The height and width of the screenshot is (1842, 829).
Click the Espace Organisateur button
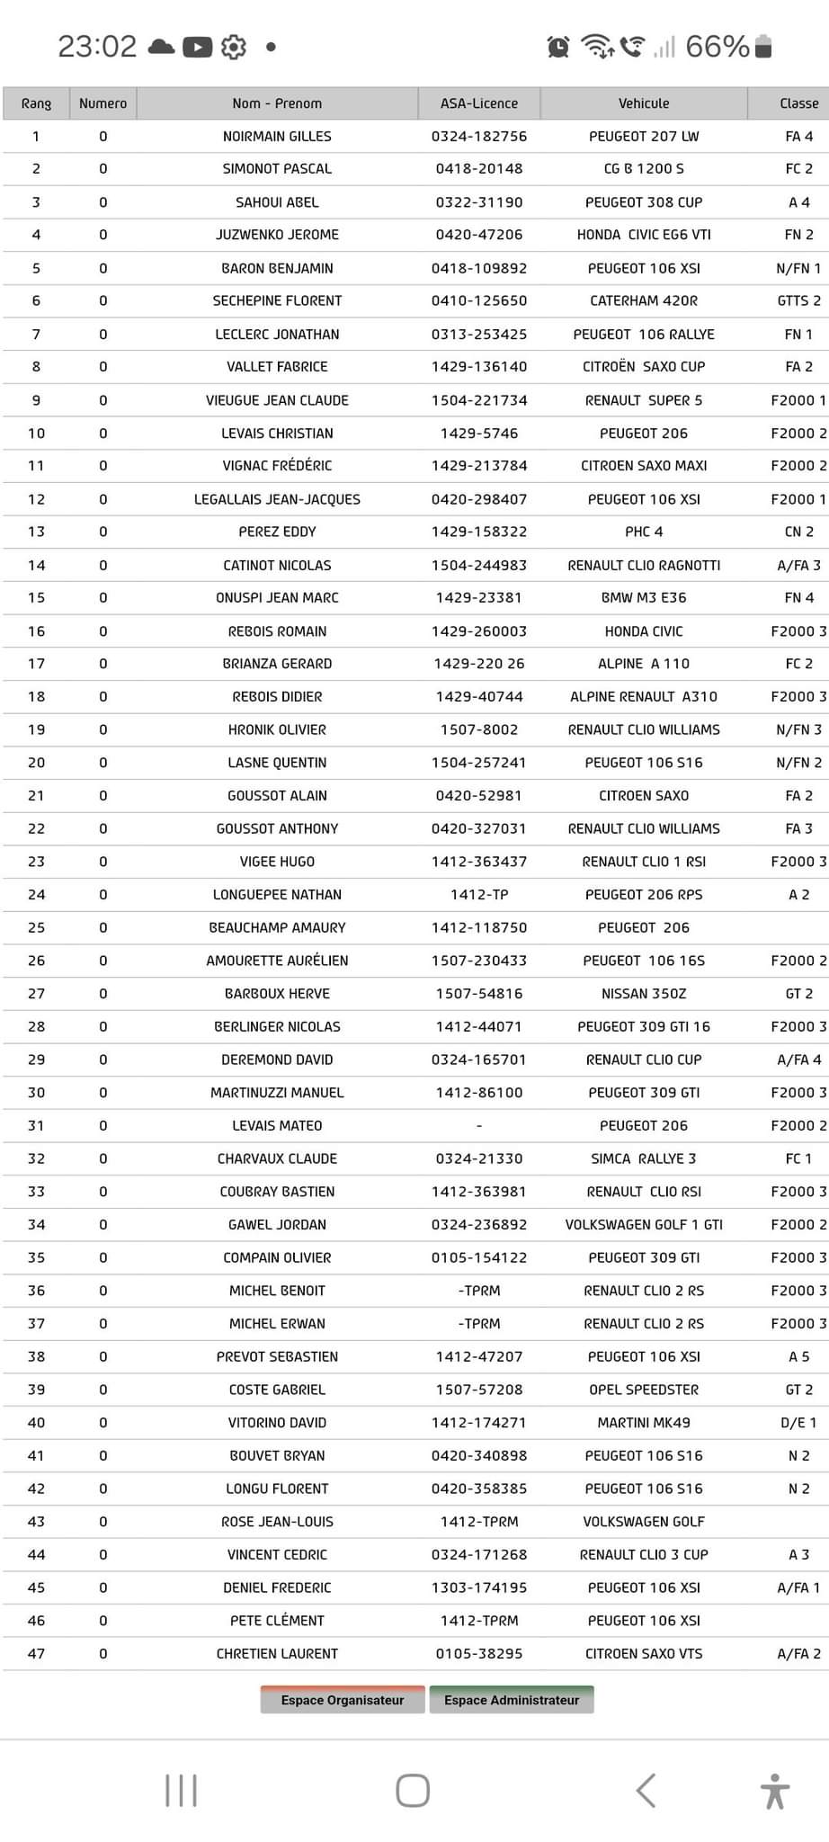[x=342, y=1700]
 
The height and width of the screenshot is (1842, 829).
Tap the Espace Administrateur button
[x=512, y=1700]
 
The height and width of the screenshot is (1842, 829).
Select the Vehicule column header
[x=644, y=103]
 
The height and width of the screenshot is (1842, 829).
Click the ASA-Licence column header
[x=479, y=103]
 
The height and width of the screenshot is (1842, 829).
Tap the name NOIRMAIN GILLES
[x=277, y=137]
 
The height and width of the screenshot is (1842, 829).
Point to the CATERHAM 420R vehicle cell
[x=644, y=300]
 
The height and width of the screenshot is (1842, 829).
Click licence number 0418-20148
[x=479, y=169]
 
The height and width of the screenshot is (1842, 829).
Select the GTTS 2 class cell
[x=798, y=300]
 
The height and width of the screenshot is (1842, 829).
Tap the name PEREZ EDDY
[x=277, y=532]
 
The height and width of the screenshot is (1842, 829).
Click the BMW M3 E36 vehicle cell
[x=644, y=597]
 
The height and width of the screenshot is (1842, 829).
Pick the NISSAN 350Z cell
[x=644, y=994]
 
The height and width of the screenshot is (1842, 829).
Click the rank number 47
[x=36, y=1653]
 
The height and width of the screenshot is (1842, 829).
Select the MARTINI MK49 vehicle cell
[x=644, y=1423]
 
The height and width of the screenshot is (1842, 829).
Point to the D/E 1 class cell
[x=798, y=1423]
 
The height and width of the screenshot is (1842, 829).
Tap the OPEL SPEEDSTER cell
[x=644, y=1390]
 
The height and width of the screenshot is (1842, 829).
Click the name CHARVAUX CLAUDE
[x=277, y=1158]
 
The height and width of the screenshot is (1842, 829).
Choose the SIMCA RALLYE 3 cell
[x=644, y=1158]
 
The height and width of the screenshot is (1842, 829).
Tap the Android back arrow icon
[x=646, y=1791]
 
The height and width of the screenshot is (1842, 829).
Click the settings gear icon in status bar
[x=234, y=47]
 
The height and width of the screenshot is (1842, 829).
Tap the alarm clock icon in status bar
[x=558, y=47]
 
